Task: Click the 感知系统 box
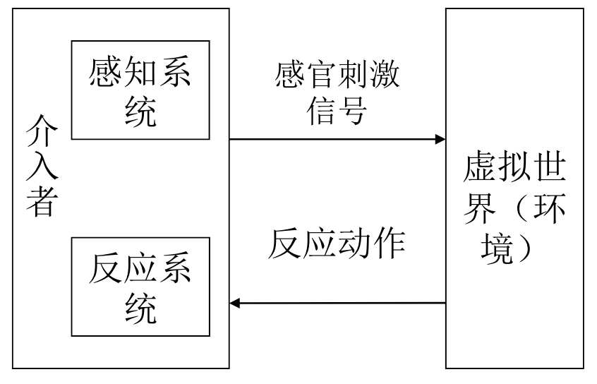141,90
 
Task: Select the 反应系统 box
141,287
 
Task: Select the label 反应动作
337,244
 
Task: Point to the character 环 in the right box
549,209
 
